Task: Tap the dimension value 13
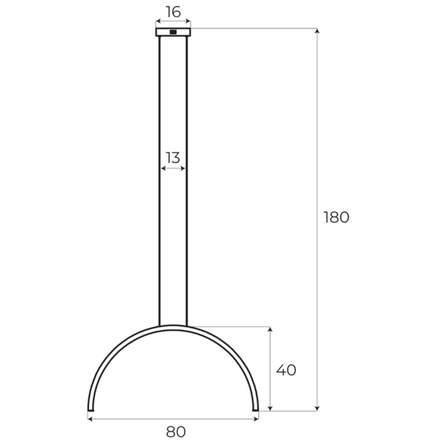tap(173, 157)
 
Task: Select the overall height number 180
tap(336, 218)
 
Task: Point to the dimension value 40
tap(286, 370)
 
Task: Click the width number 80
tap(176, 431)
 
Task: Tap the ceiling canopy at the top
tap(173, 32)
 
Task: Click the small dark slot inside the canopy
tap(173, 32)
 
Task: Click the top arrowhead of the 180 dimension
tap(317, 31)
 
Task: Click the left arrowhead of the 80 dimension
tap(90, 418)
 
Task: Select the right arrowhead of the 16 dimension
tap(188, 22)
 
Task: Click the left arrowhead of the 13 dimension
tap(162, 169)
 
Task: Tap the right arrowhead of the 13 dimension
tap(184, 169)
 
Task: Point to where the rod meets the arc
tap(173, 326)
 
